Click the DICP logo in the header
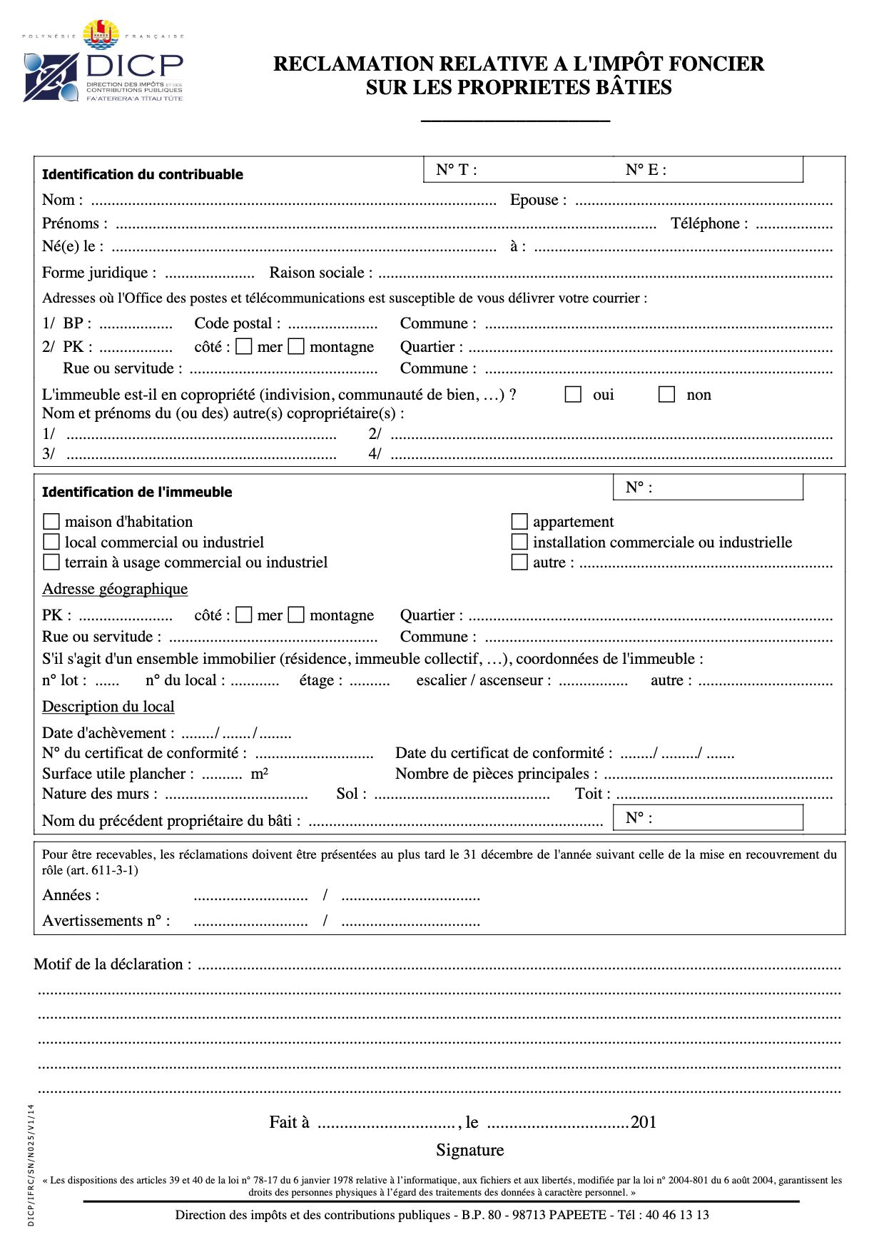tap(103, 63)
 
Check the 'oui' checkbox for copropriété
tap(573, 395)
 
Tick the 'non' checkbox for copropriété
tap(666, 395)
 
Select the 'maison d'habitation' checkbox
tap(51, 522)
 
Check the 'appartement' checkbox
tap(519, 522)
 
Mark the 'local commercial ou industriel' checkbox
tap(51, 542)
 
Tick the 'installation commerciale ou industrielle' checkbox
tap(519, 542)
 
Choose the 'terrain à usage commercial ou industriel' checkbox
tap(51, 562)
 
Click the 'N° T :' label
tap(457, 170)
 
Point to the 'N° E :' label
tap(646, 170)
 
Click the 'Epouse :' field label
tap(538, 200)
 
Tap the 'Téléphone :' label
tap(709, 223)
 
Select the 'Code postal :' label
tap(237, 323)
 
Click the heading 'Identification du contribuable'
tap(143, 174)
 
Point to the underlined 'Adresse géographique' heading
tap(115, 589)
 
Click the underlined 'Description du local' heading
tap(108, 707)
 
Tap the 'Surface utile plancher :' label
tap(118, 774)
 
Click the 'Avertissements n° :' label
tap(106, 921)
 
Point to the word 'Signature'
tap(470, 1150)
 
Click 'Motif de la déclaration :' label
tap(113, 964)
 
